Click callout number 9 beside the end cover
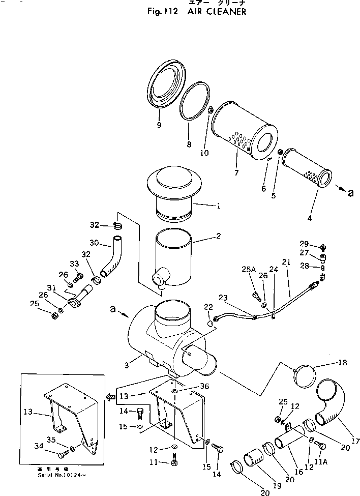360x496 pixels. pos(159,125)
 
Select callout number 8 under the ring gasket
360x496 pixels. pos(189,144)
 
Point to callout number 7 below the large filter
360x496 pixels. pos(236,173)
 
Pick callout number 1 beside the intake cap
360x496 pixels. pos(218,206)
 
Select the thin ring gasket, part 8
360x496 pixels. pos(196,106)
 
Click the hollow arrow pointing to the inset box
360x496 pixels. pos(110,397)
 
